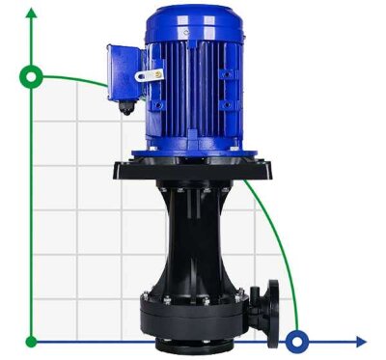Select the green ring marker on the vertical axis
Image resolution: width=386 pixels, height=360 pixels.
click(x=33, y=75)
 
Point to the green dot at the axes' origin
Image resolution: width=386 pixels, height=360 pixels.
click(x=33, y=341)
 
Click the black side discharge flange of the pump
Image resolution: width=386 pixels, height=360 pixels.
click(x=271, y=303)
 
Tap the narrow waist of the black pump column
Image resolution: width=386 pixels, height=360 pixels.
click(x=193, y=241)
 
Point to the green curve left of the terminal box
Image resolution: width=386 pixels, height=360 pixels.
click(x=77, y=78)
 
